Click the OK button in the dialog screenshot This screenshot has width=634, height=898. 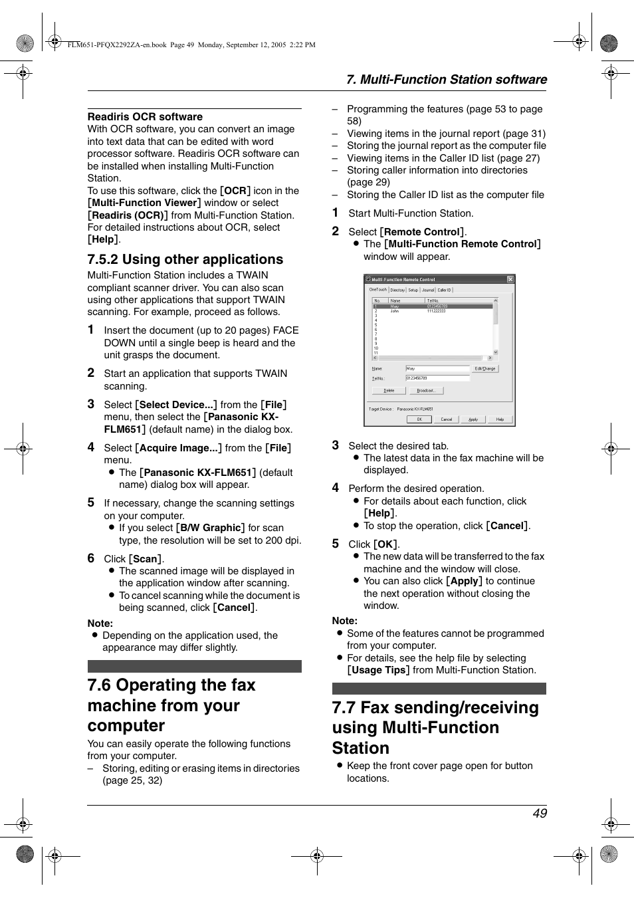pyautogui.click(x=419, y=419)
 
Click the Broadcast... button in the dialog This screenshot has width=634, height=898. pyautogui.click(x=426, y=391)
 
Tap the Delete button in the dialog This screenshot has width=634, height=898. pyautogui.click(x=389, y=391)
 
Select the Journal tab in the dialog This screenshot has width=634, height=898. pyautogui.click(x=428, y=290)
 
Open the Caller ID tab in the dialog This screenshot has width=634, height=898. pyautogui.click(x=444, y=290)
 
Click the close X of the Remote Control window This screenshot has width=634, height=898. pyautogui.click(x=510, y=279)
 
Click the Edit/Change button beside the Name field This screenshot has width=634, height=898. pyautogui.click(x=485, y=368)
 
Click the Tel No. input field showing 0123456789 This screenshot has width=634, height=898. pyautogui.click(x=437, y=379)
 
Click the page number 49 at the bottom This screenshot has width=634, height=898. pyautogui.click(x=540, y=814)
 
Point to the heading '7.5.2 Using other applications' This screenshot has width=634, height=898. pyautogui.click(x=185, y=260)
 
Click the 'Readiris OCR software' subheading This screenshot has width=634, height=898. pyautogui.click(x=145, y=117)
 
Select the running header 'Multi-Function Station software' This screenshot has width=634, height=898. pyautogui.click(x=447, y=80)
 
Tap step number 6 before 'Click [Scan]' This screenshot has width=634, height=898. pyautogui.click(x=91, y=558)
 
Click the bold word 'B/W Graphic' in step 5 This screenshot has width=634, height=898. pyautogui.click(x=211, y=528)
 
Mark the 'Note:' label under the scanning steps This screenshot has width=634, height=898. pyautogui.click(x=100, y=623)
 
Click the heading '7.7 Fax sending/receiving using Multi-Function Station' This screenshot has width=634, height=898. pyautogui.click(x=435, y=728)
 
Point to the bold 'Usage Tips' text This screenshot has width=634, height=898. pyautogui.click(x=378, y=670)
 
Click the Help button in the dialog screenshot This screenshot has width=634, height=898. pyautogui.click(x=500, y=419)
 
